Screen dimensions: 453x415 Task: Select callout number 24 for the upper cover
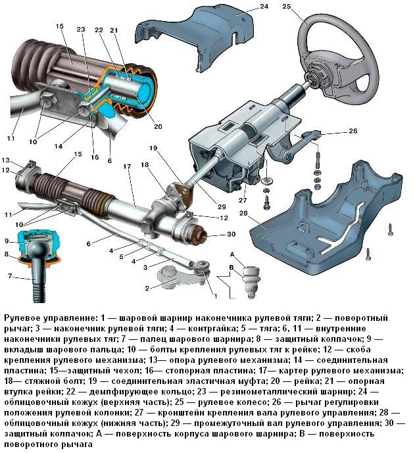[245, 7]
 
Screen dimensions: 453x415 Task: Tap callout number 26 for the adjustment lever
[353, 131]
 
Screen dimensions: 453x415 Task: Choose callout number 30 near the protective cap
[230, 235]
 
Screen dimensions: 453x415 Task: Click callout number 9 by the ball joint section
[7, 241]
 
